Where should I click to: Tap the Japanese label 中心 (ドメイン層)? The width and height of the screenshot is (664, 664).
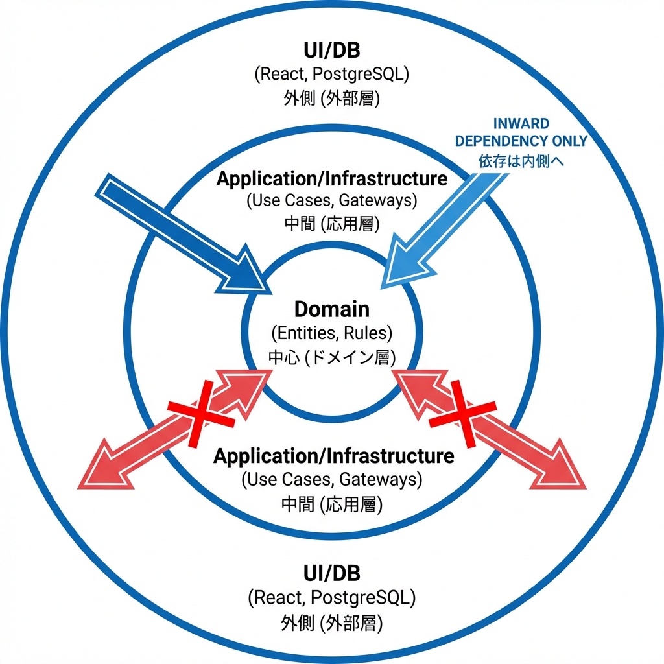coord(331,357)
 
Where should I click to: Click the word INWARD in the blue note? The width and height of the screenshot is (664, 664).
coord(521,123)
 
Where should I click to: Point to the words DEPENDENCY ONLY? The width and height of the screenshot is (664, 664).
coord(521,141)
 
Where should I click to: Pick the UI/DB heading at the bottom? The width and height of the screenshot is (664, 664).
coord(331,573)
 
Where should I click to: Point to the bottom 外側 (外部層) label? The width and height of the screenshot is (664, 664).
coord(331,623)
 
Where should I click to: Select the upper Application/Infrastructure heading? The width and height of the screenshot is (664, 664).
coord(331,178)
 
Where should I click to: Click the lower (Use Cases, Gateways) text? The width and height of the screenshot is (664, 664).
coord(331,480)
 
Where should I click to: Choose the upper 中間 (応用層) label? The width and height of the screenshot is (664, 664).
coord(331,222)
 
